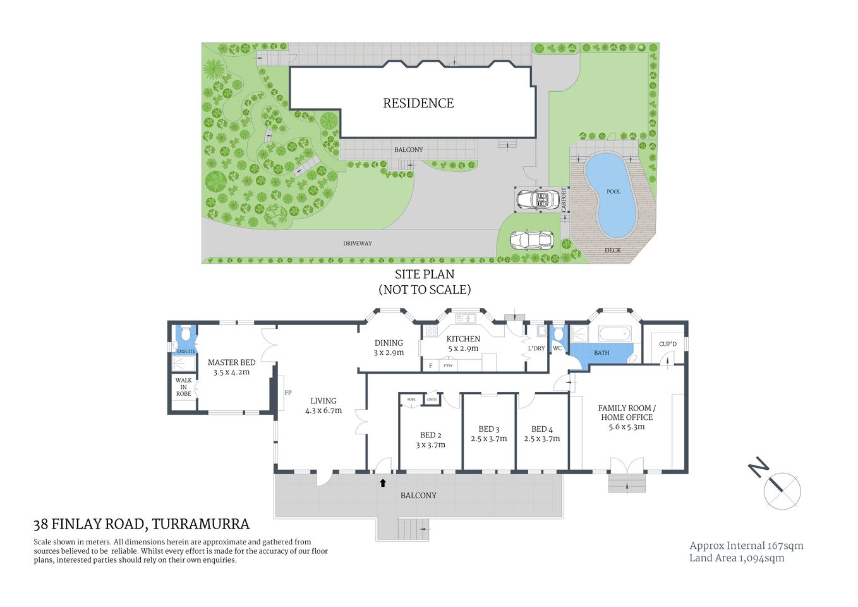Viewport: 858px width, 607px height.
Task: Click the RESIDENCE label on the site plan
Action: point(418,103)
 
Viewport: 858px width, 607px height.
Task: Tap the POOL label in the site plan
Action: point(613,192)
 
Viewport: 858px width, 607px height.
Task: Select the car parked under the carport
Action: point(537,200)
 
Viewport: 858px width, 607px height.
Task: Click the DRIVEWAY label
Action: point(358,243)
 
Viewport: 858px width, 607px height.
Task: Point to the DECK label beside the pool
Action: point(612,250)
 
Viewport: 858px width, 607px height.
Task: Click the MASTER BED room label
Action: point(231,362)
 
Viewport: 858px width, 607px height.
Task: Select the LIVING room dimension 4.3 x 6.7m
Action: point(323,410)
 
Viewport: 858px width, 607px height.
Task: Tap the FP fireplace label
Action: point(288,393)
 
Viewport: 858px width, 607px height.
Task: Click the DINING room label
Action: point(389,343)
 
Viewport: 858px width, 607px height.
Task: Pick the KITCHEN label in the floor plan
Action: point(463,339)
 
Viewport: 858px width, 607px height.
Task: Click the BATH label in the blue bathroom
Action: point(601,353)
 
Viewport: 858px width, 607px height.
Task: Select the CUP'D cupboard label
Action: point(667,344)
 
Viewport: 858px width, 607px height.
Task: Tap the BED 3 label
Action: point(488,429)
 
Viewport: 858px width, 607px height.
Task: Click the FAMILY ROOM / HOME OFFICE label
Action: point(627,412)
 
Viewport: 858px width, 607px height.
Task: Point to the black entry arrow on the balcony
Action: point(383,483)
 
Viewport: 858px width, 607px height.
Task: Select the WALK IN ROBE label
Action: point(183,387)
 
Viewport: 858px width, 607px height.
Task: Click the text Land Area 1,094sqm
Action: point(736,558)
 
